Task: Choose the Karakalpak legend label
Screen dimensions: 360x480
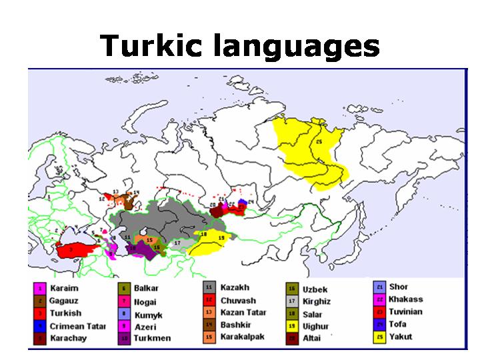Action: click(x=242, y=337)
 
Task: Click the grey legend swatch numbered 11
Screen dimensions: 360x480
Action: click(x=208, y=288)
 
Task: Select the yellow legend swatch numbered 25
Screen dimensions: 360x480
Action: click(x=380, y=337)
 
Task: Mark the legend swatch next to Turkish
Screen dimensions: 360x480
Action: click(x=40, y=313)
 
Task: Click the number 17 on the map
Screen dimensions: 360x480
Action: click(x=177, y=243)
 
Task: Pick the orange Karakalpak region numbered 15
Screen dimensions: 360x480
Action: click(x=150, y=239)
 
